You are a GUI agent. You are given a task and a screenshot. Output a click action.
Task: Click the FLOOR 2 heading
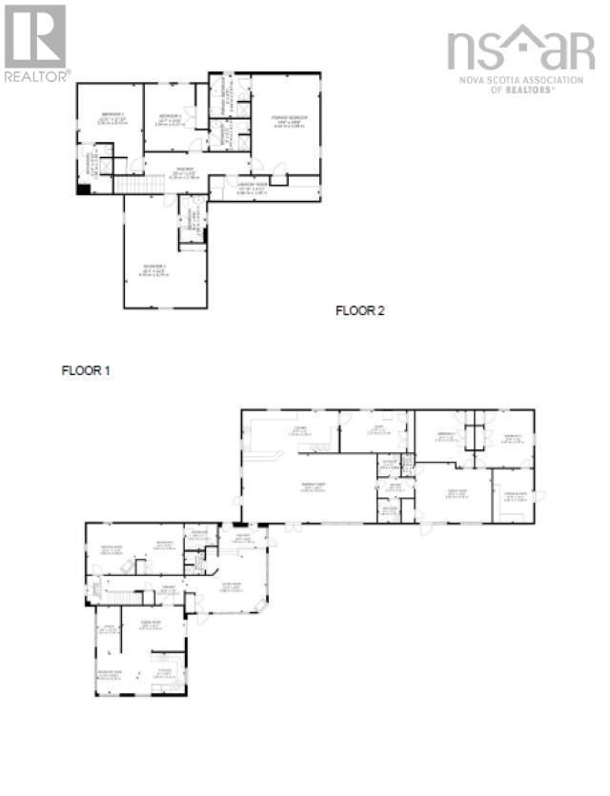point(359,310)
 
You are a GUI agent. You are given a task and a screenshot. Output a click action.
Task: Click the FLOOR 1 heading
point(86,370)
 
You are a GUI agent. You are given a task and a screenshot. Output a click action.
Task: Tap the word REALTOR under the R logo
point(35,75)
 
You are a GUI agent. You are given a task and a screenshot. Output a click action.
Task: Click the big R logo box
point(35,35)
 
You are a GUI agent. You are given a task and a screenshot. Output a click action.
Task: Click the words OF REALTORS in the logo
point(522,90)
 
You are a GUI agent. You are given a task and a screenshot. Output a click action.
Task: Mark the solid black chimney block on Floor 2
point(84,189)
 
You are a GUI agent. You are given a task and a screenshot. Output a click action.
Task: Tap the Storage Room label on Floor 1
point(516,494)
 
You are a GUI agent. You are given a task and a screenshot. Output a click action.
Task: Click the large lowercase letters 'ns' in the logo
point(474,49)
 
